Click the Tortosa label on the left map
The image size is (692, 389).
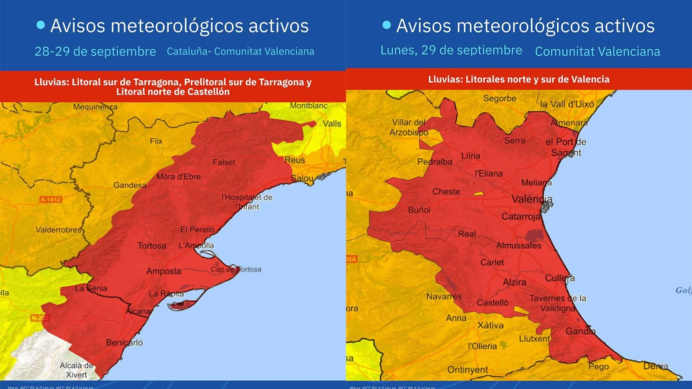(x=152, y=246)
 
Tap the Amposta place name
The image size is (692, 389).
(x=163, y=271)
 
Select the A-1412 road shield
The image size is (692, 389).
(x=51, y=200)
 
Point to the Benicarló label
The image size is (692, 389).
(x=124, y=343)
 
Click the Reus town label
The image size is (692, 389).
(x=295, y=160)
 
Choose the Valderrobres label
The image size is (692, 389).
(x=58, y=230)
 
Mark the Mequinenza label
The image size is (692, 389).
(x=95, y=107)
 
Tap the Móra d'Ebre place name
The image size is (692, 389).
(x=178, y=177)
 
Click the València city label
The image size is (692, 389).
(x=532, y=199)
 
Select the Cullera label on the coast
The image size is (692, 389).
(x=560, y=278)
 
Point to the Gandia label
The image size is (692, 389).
(x=580, y=332)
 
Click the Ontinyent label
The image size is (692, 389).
(x=468, y=370)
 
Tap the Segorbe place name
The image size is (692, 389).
(x=500, y=99)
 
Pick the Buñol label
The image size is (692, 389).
(x=419, y=210)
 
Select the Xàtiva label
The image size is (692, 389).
(x=490, y=325)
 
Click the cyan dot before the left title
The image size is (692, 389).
(x=41, y=26)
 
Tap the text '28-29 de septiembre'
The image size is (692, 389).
(x=95, y=51)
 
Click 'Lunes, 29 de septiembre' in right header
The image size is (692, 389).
(x=451, y=50)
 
